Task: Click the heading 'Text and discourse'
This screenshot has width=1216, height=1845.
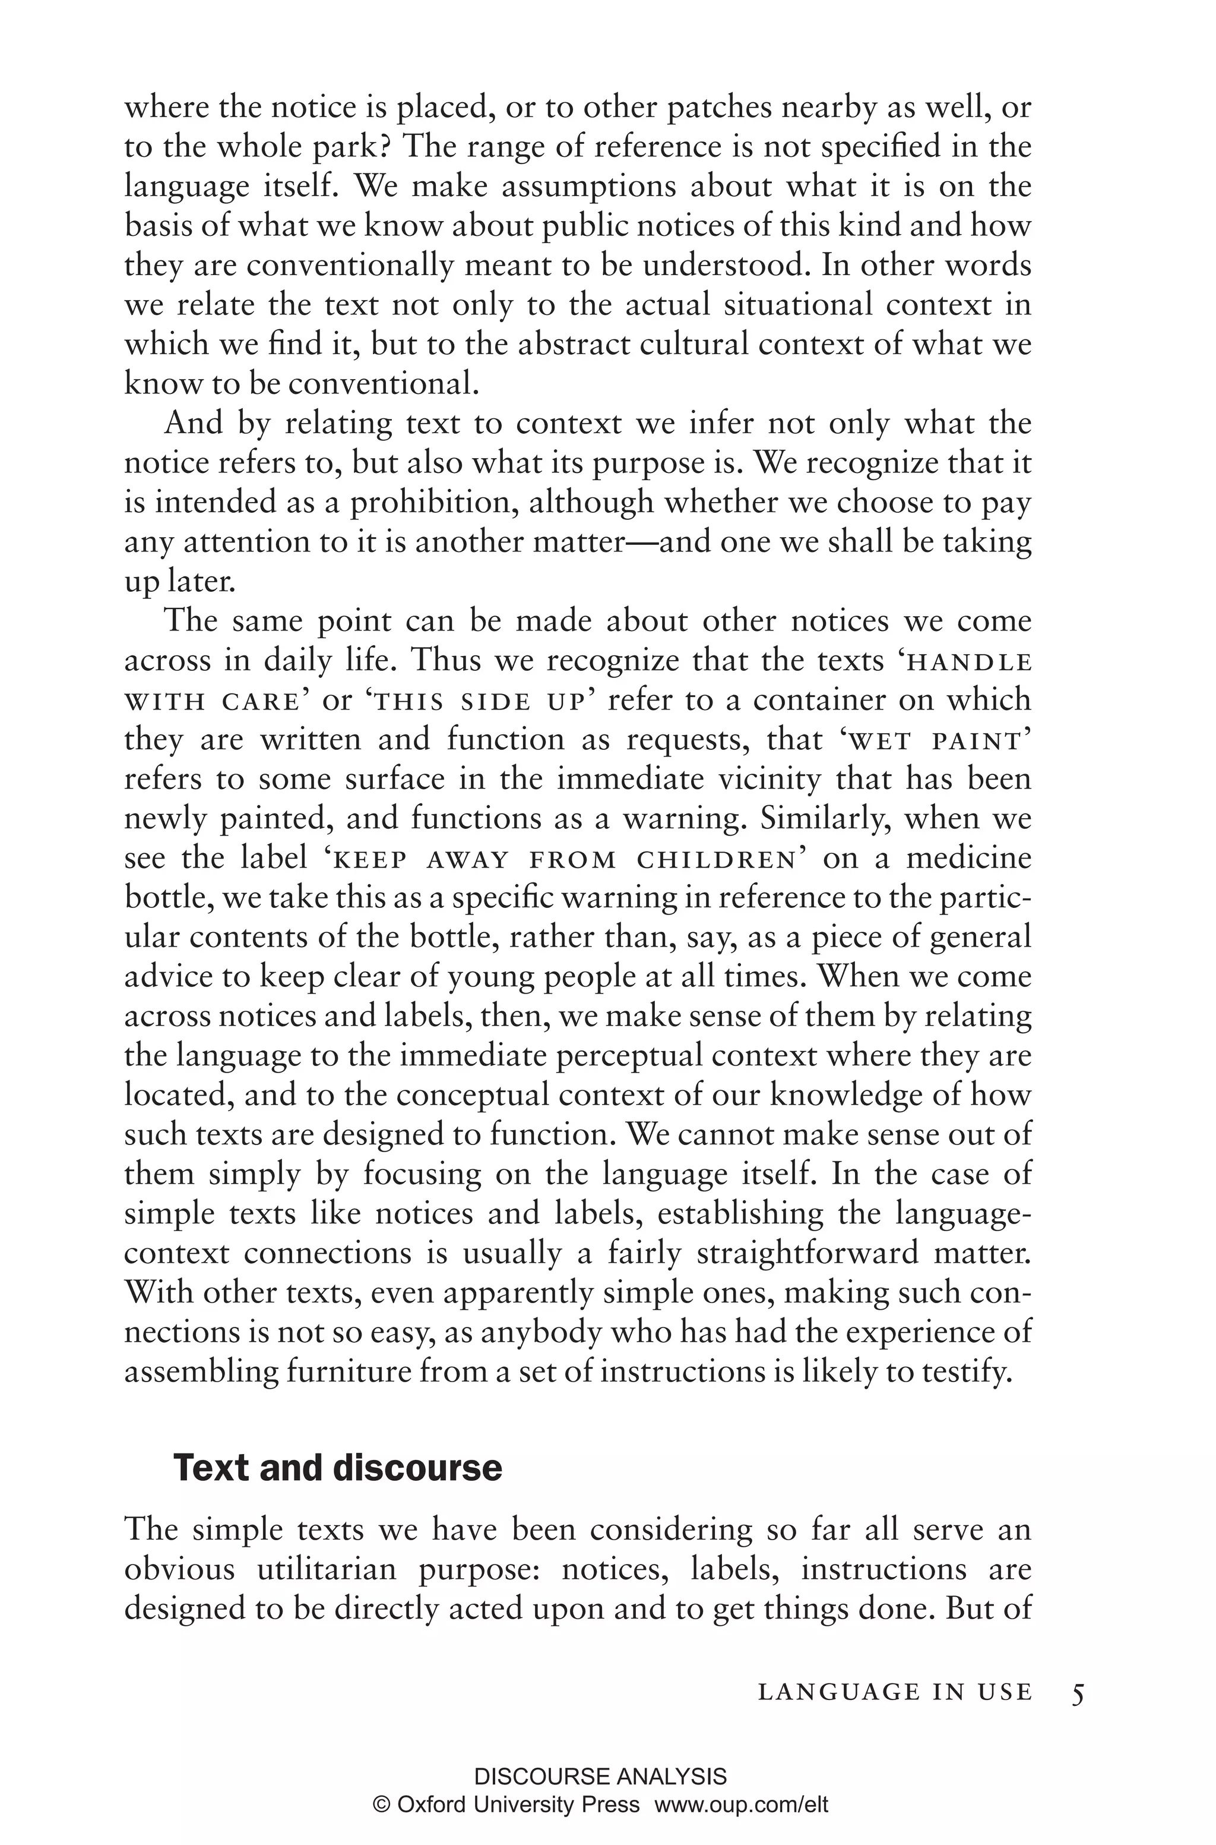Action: pos(337,1469)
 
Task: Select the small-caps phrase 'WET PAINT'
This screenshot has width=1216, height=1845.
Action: pos(935,742)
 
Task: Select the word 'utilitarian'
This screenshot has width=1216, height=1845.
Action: pos(327,1569)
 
